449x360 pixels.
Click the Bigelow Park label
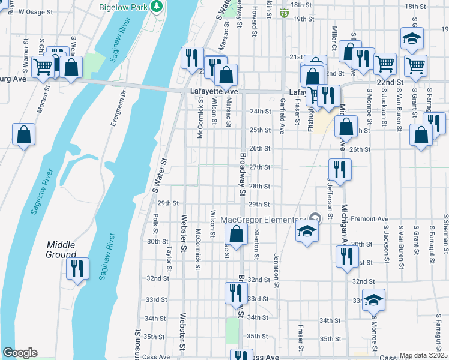pos(124,6)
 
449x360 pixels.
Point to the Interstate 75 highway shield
pos(283,12)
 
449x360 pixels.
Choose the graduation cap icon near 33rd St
pos(373,299)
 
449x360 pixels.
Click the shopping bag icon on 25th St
pos(346,127)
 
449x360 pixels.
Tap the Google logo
pos(20,353)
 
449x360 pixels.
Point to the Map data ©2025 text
pos(423,355)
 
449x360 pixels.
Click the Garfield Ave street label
pos(281,116)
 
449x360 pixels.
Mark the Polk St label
pos(155,223)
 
